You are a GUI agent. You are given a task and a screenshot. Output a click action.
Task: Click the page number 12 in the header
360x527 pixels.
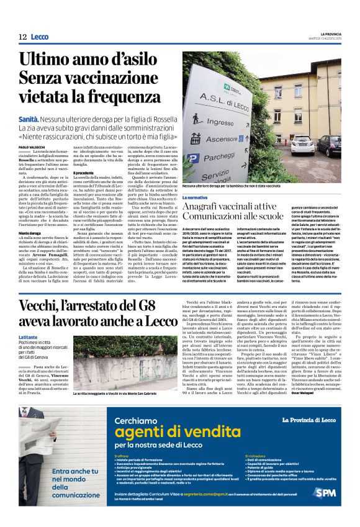(x=22, y=37)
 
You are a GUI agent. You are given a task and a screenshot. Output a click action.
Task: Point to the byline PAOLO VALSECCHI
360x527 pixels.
(x=33, y=146)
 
